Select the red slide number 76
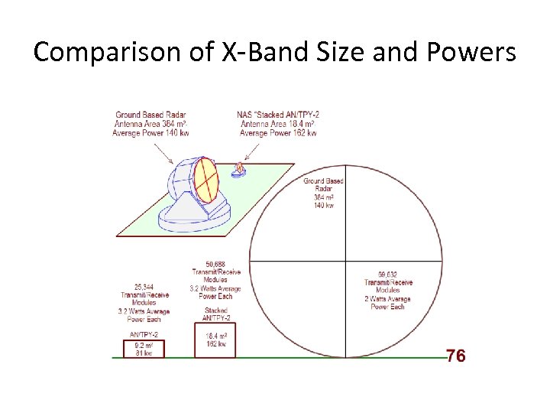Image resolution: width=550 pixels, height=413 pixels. [x=455, y=356]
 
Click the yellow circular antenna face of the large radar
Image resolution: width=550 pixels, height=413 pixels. [x=206, y=177]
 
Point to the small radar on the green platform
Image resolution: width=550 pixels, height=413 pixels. [x=240, y=169]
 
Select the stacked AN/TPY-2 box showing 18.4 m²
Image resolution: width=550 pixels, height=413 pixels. [x=215, y=340]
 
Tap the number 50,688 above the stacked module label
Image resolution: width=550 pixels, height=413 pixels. [x=215, y=265]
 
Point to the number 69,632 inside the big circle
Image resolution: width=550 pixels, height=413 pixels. [x=390, y=274]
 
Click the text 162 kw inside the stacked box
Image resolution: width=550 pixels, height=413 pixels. [x=215, y=344]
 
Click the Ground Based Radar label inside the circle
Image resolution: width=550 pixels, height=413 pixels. [x=324, y=184]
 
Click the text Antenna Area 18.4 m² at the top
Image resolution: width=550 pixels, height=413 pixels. [x=278, y=124]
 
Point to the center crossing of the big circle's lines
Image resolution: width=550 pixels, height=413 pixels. [x=347, y=261]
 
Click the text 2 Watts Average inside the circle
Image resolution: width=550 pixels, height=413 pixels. [x=390, y=299]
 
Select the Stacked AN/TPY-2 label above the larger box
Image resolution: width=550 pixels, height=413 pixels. [x=215, y=314]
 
